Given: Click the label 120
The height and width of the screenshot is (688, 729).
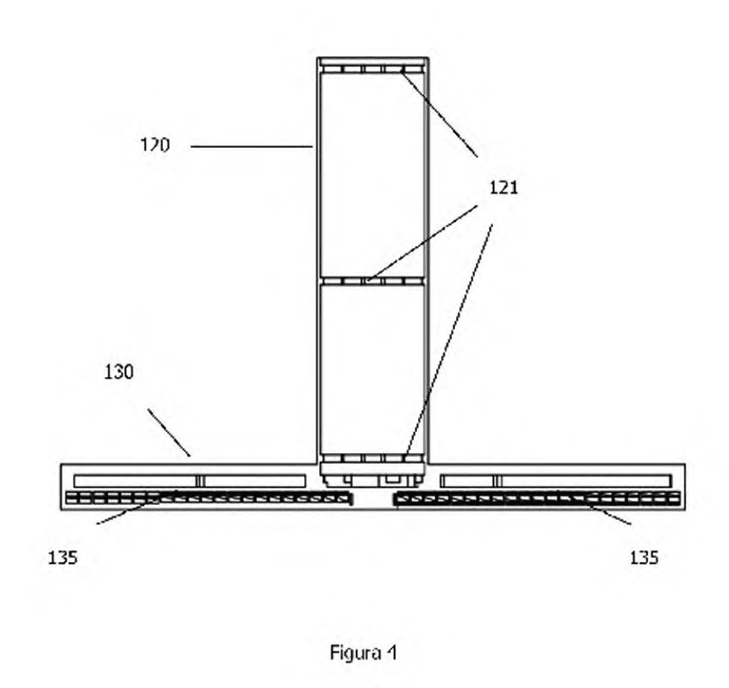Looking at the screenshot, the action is click(155, 145).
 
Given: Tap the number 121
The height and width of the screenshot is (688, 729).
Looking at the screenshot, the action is click(503, 188).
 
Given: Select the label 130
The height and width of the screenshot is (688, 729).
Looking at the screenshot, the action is click(119, 372).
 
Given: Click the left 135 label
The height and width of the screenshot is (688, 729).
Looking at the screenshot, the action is click(63, 557).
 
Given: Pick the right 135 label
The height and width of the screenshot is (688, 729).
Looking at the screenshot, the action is click(644, 557).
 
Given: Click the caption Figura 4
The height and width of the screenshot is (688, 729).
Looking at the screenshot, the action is click(363, 653).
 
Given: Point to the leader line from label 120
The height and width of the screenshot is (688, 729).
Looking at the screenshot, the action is click(252, 146).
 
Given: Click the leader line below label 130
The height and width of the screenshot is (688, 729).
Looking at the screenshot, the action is click(169, 432).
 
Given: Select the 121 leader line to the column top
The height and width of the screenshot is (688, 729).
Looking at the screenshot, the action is click(439, 113).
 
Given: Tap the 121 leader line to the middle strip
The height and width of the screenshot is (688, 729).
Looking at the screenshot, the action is click(422, 243).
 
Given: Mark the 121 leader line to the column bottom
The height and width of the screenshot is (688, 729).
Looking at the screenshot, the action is click(449, 340).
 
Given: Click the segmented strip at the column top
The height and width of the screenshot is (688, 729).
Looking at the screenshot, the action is click(374, 70).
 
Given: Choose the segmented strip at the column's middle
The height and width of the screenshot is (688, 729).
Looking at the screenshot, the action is click(372, 281).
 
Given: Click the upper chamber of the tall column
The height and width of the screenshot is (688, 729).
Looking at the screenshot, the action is click(372, 176).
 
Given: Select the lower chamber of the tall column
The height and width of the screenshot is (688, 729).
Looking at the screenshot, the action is click(372, 370).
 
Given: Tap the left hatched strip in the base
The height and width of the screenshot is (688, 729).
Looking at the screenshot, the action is click(209, 499).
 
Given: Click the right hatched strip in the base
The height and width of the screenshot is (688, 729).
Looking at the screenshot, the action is click(537, 499).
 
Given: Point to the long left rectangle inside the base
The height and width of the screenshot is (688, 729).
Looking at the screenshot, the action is click(190, 481).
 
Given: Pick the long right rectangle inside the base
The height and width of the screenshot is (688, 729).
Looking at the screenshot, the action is click(556, 481).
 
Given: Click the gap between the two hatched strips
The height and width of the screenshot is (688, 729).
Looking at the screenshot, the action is click(373, 499).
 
